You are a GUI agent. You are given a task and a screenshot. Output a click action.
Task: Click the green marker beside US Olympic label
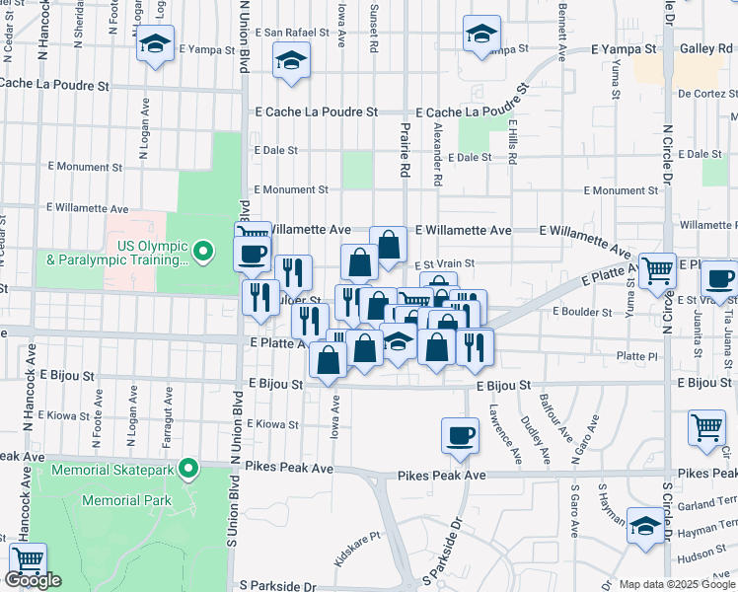[x=204, y=253]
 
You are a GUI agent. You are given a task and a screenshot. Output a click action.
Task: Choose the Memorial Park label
[x=126, y=500]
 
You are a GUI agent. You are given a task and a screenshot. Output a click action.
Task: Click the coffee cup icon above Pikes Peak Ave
[x=460, y=435]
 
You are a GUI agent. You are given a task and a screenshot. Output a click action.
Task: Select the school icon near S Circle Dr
[x=646, y=524]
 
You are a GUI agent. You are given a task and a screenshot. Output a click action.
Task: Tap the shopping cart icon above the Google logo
[x=28, y=560]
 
